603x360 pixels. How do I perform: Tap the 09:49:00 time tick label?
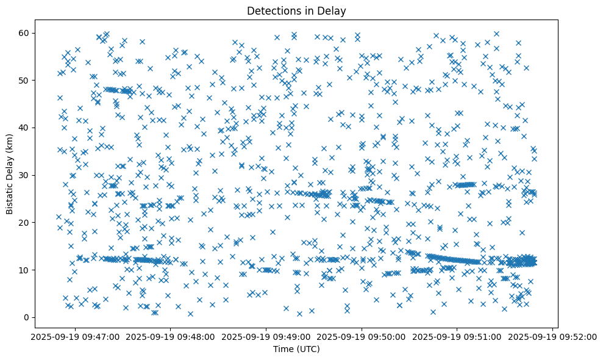coord(266,336)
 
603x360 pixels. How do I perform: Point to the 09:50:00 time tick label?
coord(362,336)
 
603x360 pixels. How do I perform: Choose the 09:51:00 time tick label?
coord(458,336)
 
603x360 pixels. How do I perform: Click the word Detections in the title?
coord(271,11)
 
